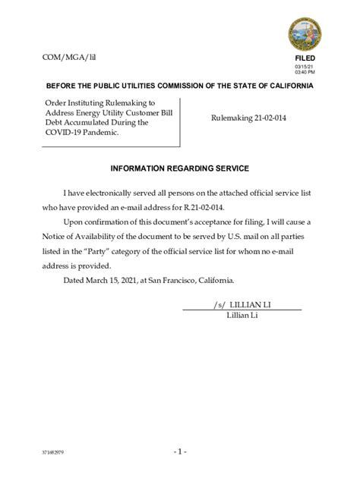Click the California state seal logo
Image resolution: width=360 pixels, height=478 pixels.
coord(305,34)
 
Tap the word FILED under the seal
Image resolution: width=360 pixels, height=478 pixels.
coord(305,58)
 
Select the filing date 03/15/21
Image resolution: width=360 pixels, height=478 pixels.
coord(304,66)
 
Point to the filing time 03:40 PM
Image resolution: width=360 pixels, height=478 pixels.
coord(305,72)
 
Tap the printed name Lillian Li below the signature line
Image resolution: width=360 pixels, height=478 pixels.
coord(242,315)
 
